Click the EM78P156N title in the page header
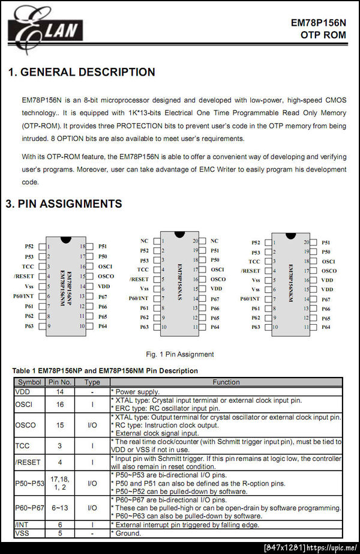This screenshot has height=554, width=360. [x=319, y=23]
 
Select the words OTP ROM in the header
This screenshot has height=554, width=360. [x=323, y=35]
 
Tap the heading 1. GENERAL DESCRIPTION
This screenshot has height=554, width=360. [x=82, y=72]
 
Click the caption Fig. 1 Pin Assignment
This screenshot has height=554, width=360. [x=179, y=354]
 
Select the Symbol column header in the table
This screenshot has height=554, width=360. [x=29, y=382]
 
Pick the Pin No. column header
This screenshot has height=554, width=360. [x=60, y=382]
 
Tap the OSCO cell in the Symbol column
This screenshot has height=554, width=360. [x=25, y=425]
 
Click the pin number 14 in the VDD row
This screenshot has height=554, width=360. [x=60, y=391]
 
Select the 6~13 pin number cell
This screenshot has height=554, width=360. [x=60, y=508]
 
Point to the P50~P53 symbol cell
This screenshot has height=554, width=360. [x=29, y=483]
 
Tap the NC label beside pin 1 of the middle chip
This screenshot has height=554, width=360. [x=144, y=241]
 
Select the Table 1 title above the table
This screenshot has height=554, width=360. [x=105, y=371]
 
